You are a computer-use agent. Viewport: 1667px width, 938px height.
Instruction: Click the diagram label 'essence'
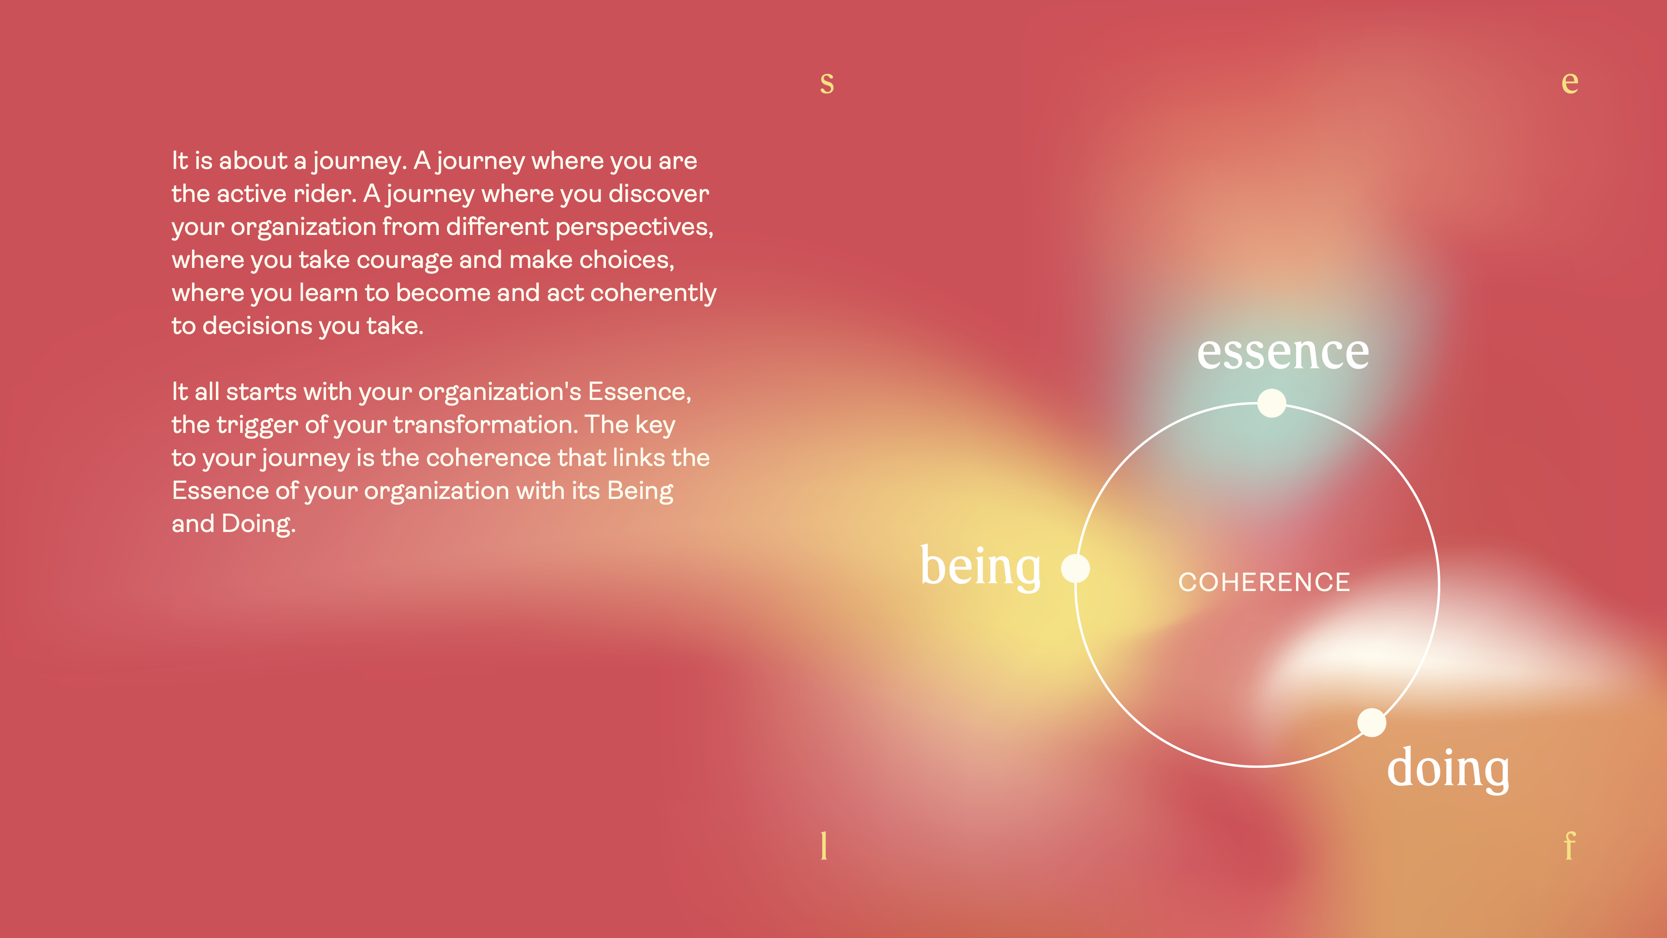pos(1283,353)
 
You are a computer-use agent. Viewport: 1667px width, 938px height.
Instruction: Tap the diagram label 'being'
pos(980,566)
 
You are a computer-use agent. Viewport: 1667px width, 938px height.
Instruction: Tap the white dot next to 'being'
pos(1075,568)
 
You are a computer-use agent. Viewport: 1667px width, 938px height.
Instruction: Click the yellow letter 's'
pos(827,83)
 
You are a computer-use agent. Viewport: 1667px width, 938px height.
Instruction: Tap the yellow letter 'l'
pos(824,846)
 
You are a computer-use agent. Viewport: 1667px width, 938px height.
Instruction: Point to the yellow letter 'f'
pos(1569,846)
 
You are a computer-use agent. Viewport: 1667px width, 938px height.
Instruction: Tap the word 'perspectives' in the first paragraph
pos(634,228)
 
